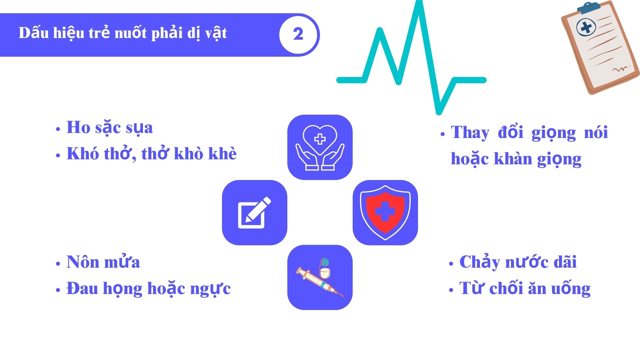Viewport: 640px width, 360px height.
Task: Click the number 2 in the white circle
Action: tap(298, 34)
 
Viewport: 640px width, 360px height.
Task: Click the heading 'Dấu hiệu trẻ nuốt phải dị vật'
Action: tap(123, 33)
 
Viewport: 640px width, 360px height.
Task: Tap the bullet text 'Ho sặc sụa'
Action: tap(110, 128)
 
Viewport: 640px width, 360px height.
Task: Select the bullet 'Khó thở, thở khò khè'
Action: tap(151, 154)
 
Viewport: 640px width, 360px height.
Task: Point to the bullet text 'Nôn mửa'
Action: tap(103, 262)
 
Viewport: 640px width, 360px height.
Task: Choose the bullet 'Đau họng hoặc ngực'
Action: tap(148, 289)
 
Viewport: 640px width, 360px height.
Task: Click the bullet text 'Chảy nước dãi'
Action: tap(518, 262)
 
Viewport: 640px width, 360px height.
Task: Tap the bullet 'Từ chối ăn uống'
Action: tap(525, 289)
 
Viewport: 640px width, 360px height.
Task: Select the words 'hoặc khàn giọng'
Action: tap(516, 159)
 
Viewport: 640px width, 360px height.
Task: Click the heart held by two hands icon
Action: tap(320, 147)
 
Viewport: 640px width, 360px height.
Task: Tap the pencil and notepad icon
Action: tap(254, 213)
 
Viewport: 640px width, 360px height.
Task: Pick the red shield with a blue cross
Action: tap(385, 213)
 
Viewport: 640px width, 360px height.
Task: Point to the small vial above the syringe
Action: tap(325, 268)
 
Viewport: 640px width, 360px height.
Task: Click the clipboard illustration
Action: tap(600, 48)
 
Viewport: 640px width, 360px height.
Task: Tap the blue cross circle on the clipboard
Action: tap(586, 27)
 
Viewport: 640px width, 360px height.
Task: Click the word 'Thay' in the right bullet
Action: tap(470, 132)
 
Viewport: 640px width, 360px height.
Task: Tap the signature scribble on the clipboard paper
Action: tap(620, 69)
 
